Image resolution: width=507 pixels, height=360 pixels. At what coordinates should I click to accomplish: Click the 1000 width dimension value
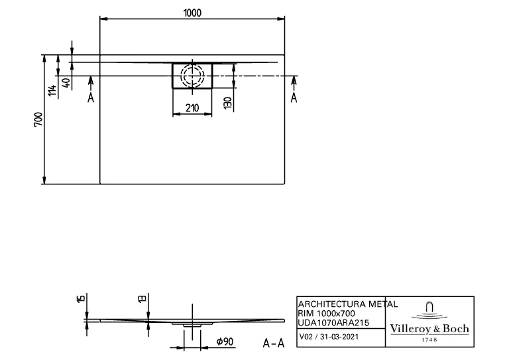tap(193, 13)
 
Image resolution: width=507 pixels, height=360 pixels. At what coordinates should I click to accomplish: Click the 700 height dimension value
tap(38, 119)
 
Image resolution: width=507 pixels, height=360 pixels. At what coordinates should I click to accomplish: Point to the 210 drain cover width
tap(193, 108)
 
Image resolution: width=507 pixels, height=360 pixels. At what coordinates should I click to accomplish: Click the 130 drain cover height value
tap(227, 103)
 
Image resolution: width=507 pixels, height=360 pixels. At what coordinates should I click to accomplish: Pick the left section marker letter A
tap(90, 97)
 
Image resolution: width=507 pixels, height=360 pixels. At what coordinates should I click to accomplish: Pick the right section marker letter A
tap(294, 97)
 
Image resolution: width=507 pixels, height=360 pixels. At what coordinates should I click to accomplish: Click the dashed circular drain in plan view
tap(193, 75)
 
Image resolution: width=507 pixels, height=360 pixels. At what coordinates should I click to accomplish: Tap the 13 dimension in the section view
tap(142, 300)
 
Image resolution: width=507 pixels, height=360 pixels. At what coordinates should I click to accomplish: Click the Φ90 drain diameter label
tap(224, 342)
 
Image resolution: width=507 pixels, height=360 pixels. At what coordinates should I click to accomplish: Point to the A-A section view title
tap(274, 343)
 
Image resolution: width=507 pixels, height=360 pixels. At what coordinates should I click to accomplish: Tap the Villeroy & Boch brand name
tap(429, 329)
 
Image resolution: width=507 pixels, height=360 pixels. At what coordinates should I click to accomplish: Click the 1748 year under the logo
tap(429, 339)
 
